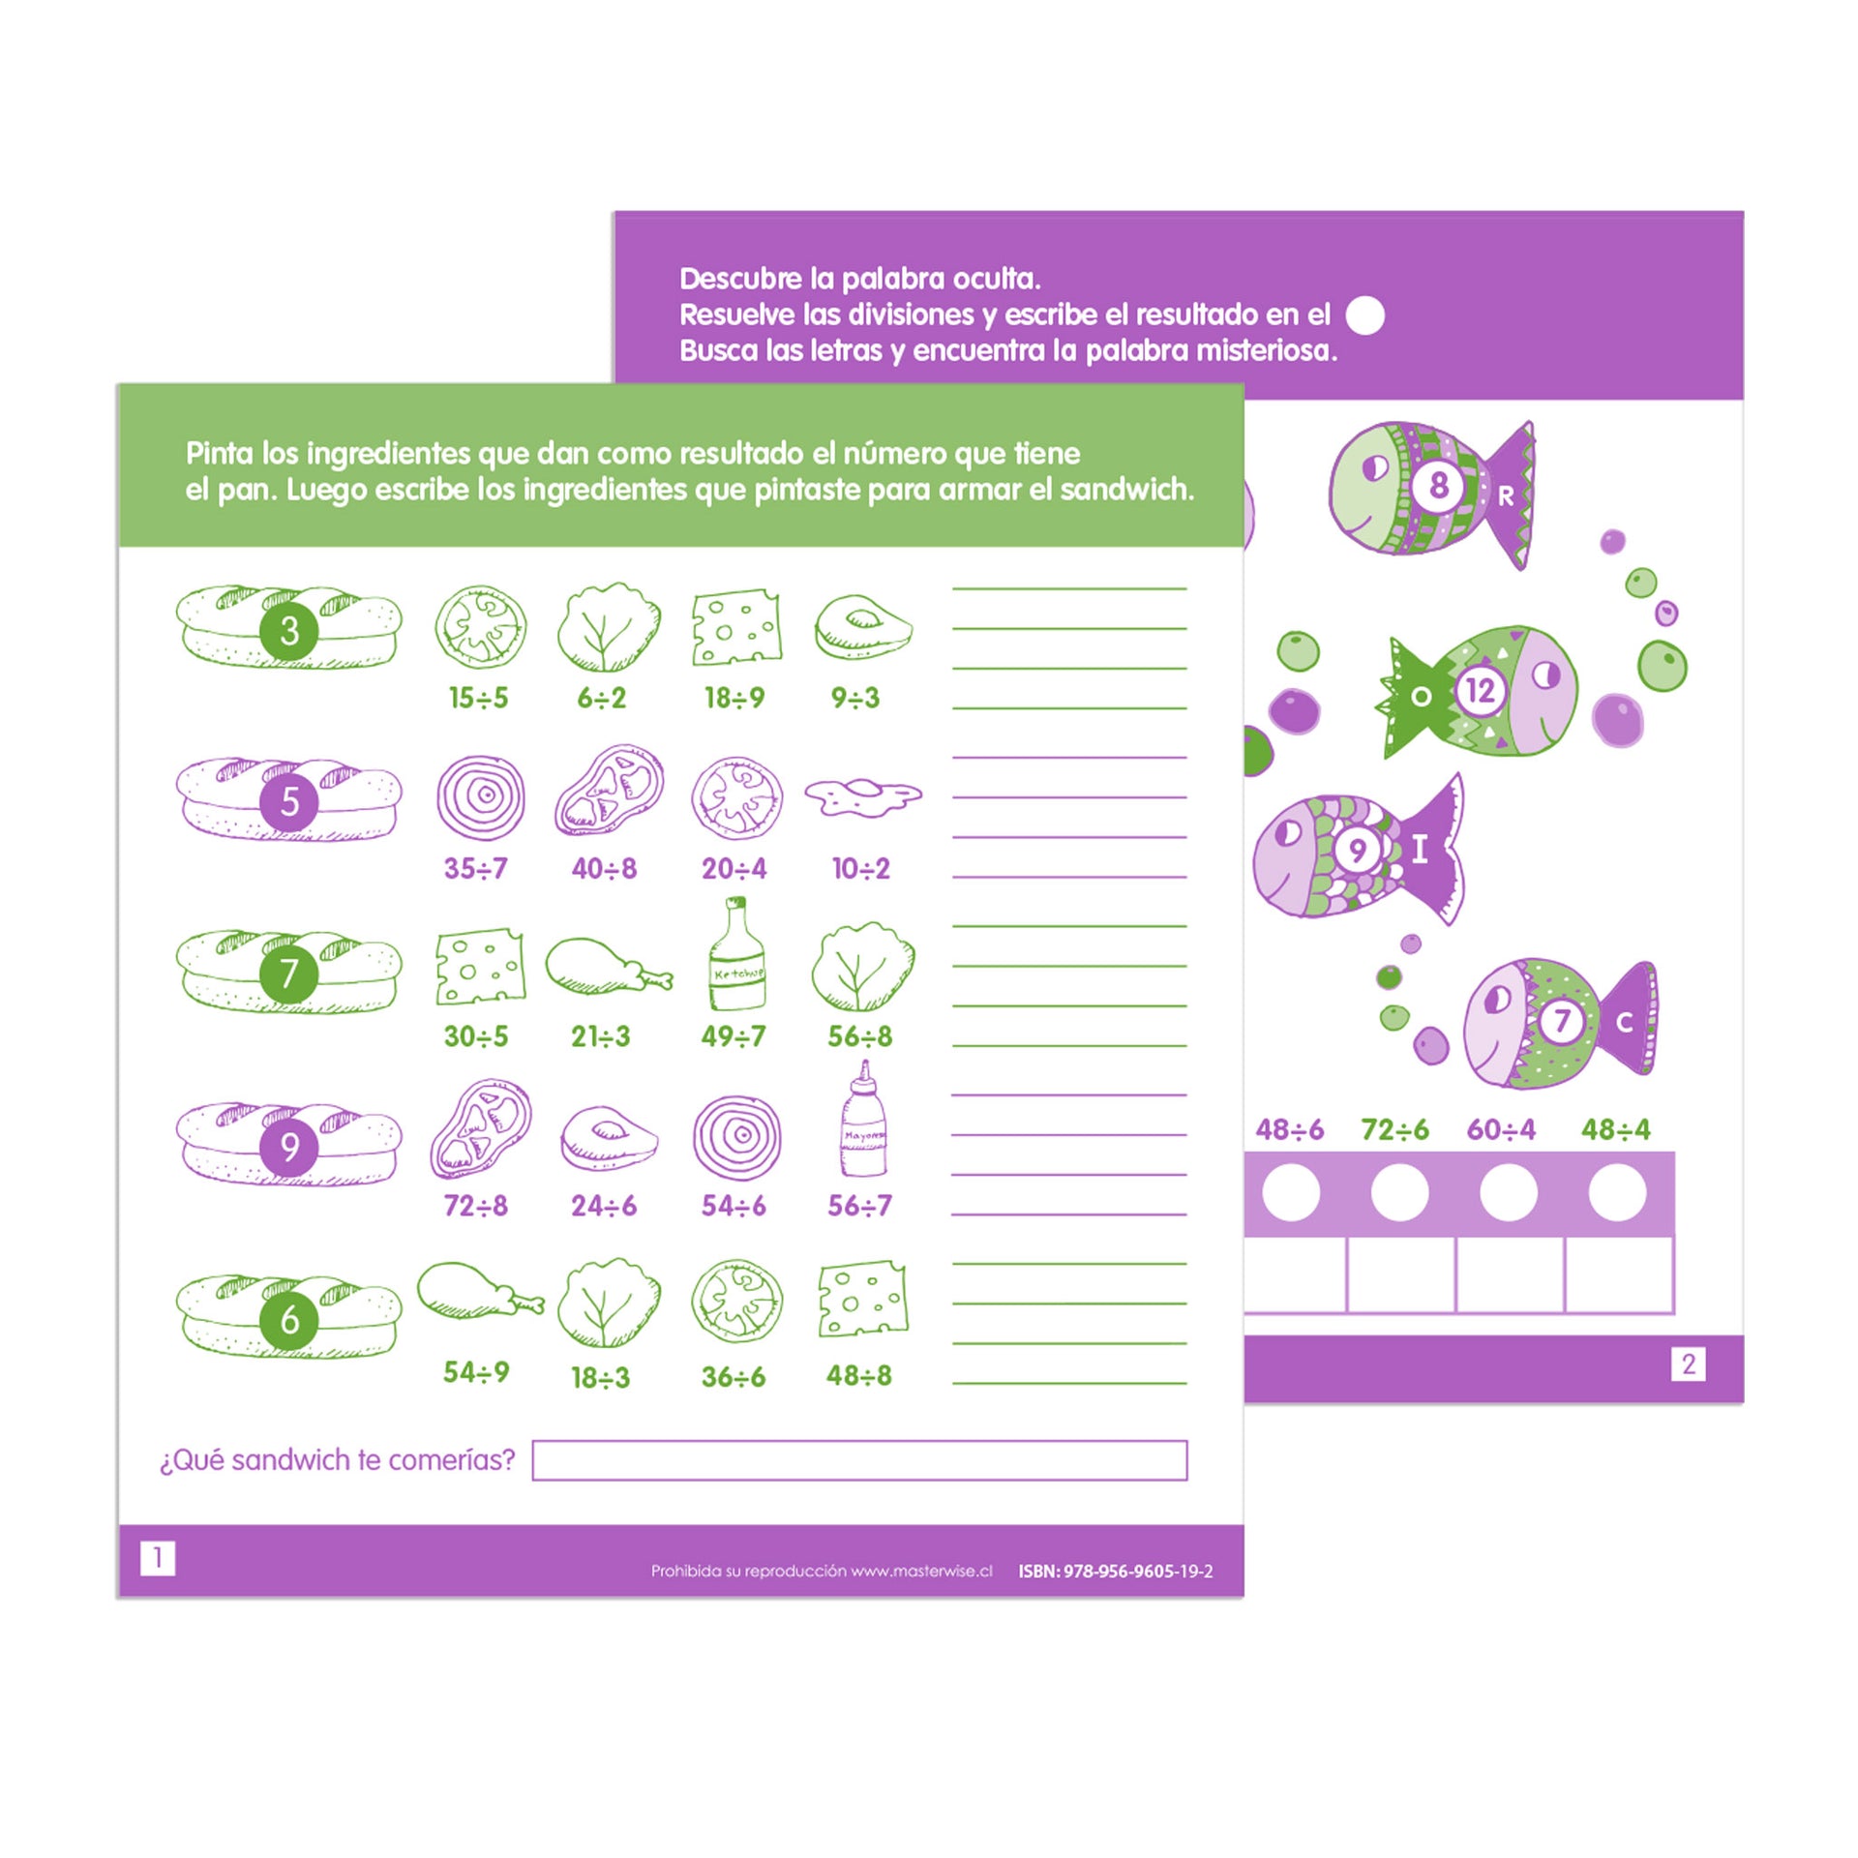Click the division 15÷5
tap(478, 698)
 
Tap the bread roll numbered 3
tap(289, 626)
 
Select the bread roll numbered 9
tap(289, 1144)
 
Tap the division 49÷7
tap(734, 1036)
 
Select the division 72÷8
tap(476, 1206)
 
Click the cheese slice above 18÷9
tap(736, 626)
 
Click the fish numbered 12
tap(1477, 691)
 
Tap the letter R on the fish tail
tap(1506, 496)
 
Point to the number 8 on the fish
tap(1439, 484)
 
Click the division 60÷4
tap(1501, 1129)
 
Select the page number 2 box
tap(1689, 1364)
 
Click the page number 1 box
tap(158, 1558)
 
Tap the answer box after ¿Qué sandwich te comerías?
tap(859, 1460)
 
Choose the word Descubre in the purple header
tap(740, 279)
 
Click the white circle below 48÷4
tap(1617, 1193)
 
